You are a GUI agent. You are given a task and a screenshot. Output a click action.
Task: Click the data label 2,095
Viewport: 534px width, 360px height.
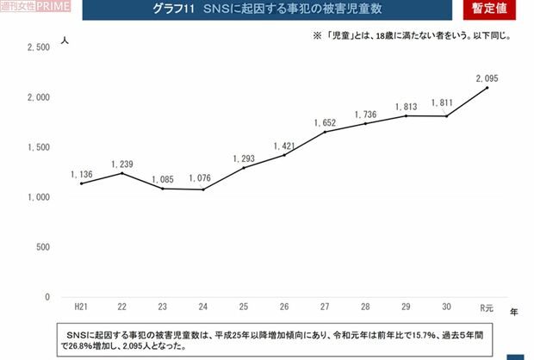tap(487, 78)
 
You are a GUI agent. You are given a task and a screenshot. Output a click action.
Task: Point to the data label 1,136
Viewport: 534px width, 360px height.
tap(81, 174)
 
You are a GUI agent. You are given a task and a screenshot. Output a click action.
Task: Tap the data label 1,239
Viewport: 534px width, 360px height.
tap(121, 164)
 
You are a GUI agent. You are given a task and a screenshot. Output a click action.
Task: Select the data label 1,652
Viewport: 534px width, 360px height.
tap(325, 122)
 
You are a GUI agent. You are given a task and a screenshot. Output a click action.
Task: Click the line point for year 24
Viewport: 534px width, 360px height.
tap(202, 189)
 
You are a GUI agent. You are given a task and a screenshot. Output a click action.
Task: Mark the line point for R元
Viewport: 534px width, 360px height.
tap(487, 88)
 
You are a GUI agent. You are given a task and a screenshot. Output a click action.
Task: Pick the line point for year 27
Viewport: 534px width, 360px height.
tap(325, 132)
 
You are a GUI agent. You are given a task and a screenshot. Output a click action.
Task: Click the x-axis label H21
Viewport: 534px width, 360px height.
tap(80, 307)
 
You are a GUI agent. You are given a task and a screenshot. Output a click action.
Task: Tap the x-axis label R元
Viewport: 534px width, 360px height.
tap(487, 307)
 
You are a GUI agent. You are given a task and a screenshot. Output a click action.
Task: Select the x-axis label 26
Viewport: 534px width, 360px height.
tap(283, 307)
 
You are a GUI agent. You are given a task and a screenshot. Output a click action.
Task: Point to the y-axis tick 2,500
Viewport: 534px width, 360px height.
tap(40, 48)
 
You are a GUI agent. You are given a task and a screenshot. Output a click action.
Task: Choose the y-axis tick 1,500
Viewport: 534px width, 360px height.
tap(40, 148)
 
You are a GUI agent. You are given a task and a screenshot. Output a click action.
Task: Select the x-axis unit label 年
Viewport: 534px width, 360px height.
tap(513, 310)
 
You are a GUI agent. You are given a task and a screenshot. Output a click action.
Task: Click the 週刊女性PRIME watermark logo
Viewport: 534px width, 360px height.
tap(28, 7)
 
